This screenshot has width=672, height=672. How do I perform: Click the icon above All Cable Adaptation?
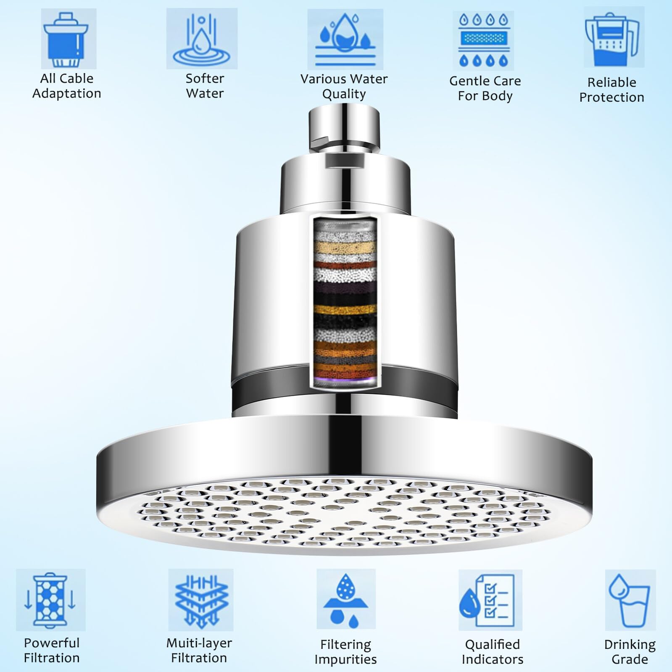[x=69, y=39]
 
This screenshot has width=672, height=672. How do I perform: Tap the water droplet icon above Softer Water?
[x=202, y=39]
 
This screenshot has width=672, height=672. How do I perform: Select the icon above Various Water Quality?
[x=345, y=40]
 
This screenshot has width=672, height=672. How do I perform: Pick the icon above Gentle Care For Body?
[x=483, y=40]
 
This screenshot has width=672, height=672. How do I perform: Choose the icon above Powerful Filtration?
[x=51, y=600]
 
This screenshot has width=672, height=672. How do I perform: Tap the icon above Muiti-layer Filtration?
[x=201, y=600]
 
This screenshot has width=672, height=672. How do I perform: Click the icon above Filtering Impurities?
[x=346, y=600]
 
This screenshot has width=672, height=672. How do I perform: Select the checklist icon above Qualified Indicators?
[x=490, y=600]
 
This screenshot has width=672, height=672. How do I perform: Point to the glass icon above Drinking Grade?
[x=630, y=600]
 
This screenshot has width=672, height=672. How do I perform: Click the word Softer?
[x=205, y=79]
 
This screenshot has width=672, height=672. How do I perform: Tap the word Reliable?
[x=612, y=82]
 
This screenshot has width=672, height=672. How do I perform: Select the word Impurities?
[x=345, y=659]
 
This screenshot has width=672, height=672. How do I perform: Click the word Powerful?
[x=52, y=643]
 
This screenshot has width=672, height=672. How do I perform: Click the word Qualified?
[x=492, y=645]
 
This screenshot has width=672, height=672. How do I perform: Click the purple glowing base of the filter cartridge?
[x=345, y=382]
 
